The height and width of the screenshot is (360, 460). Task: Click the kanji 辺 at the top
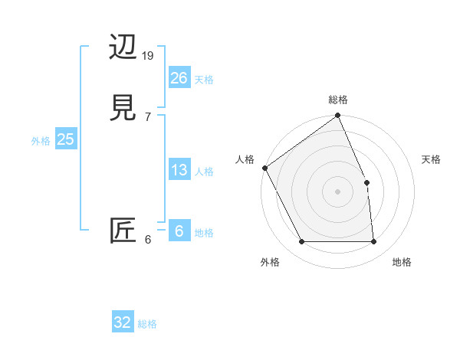tap(124, 48)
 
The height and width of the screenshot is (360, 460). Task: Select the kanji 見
tap(124, 108)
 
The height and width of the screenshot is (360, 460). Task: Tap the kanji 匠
tap(123, 231)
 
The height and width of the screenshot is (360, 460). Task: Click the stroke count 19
tap(149, 56)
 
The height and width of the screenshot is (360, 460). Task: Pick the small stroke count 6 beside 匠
tap(147, 240)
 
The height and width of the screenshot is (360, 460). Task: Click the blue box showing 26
tap(179, 78)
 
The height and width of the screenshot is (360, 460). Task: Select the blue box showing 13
tap(179, 170)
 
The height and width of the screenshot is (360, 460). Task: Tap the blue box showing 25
tap(66, 139)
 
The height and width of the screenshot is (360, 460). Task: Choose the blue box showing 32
tap(123, 322)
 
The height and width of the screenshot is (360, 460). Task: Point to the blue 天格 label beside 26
tap(204, 80)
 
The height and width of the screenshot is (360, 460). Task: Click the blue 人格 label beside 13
tap(204, 172)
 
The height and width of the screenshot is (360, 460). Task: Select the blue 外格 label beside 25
tap(41, 141)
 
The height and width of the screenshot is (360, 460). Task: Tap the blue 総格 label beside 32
tap(147, 324)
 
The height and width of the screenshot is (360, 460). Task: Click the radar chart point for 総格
tap(337, 116)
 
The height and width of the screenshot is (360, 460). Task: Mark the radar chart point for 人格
tap(264, 168)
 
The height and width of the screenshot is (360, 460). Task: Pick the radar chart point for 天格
tap(366, 182)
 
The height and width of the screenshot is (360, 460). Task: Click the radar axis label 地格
tap(402, 262)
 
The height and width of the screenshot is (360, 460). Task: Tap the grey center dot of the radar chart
tap(337, 191)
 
